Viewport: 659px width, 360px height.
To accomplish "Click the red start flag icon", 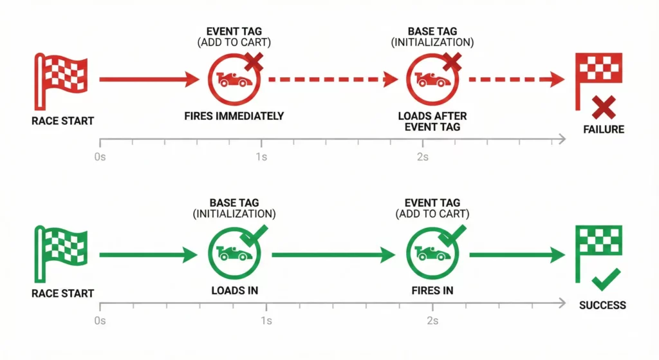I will pos(62,80).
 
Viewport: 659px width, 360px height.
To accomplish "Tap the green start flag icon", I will pos(62,254).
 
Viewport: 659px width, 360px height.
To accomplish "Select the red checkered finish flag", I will pos(599,73).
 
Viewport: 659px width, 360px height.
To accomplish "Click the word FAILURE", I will pos(604,129).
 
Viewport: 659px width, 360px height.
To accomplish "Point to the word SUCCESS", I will pos(602,305).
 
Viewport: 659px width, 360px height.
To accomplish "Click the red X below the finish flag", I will pos(604,107).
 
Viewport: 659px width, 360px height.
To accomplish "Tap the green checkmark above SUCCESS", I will pos(606,280).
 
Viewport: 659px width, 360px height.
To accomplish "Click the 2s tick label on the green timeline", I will pos(432,321).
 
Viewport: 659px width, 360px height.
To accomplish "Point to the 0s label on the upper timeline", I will pos(99,158).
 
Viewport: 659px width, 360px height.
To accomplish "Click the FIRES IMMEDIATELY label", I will pos(234,117).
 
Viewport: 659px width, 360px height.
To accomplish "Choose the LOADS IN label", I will pos(234,290).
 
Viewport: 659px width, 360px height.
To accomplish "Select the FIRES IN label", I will pos(432,290).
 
